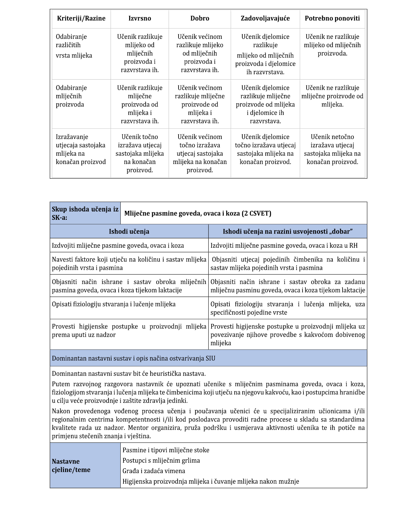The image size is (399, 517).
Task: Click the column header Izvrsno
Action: [140, 18]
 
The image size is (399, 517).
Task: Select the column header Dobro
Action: [200, 18]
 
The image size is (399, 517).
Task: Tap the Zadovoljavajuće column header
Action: [265, 18]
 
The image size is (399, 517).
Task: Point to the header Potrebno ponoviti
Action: [332, 18]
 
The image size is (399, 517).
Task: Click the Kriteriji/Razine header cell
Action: [81, 18]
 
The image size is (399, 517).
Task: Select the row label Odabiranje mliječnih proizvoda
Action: [71, 96]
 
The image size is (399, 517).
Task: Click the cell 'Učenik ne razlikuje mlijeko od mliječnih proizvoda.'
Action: [332, 45]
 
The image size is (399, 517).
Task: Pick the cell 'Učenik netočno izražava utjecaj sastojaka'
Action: [332, 149]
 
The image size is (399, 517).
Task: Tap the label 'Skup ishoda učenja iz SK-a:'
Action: [85, 213]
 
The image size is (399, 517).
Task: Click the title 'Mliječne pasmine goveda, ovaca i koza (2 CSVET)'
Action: [198, 213]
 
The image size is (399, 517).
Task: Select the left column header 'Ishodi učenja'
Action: [129, 232]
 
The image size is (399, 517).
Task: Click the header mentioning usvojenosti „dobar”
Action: [288, 232]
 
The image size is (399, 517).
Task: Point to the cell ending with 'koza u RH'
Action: [284, 246]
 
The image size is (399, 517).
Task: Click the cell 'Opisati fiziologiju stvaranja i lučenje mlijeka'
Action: [114, 304]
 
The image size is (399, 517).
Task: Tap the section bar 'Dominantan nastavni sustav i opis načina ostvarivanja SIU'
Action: [134, 358]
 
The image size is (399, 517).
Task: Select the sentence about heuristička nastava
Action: [129, 374]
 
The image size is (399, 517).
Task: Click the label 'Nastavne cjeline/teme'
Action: [71, 466]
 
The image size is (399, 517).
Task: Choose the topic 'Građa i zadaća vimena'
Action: [154, 471]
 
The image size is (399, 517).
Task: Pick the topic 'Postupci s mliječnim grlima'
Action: [161, 461]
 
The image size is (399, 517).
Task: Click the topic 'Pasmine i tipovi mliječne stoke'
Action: [166, 450]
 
